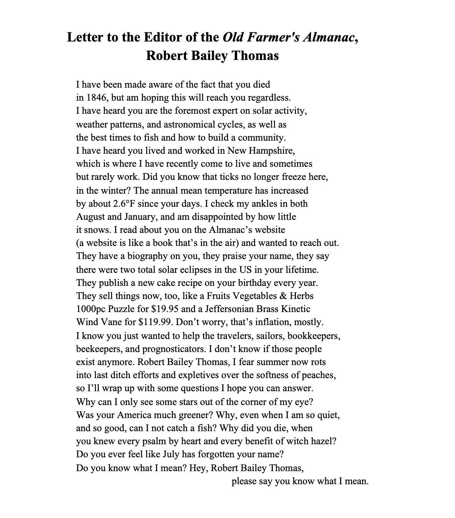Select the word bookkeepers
314,336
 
